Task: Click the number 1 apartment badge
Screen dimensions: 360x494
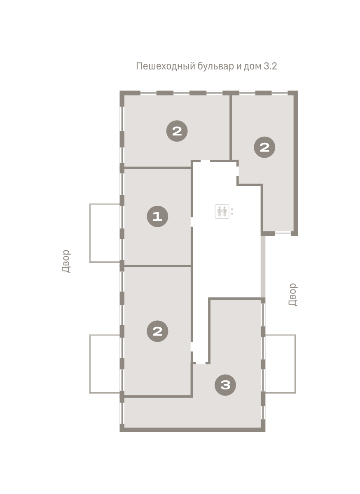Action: [x=157, y=217]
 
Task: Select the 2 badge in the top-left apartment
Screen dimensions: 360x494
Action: [x=177, y=131]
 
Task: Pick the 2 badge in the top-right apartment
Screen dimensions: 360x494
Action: [x=264, y=147]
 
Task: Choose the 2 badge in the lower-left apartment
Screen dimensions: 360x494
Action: [x=157, y=331]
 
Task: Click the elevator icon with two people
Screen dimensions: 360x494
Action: [x=222, y=212]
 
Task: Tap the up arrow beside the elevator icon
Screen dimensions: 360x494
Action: [x=232, y=209]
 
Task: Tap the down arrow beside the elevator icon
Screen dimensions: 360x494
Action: [x=232, y=214]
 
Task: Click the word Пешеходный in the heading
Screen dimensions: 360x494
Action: [x=165, y=66]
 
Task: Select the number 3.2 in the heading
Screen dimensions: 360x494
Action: [x=270, y=66]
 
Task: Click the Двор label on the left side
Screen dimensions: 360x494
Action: [x=66, y=261]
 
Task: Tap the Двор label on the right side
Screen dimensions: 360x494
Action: [x=293, y=295]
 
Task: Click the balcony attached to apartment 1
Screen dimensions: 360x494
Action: [x=105, y=233]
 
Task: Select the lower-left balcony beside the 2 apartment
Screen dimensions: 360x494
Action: [x=105, y=364]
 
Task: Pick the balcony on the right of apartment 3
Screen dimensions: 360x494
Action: [x=281, y=364]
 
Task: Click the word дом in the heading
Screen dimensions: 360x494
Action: [x=252, y=66]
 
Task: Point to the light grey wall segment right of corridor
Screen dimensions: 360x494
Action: [x=263, y=267]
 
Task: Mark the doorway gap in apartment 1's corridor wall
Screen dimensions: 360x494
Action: [x=192, y=222]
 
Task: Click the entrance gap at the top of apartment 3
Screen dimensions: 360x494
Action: [x=201, y=363]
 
